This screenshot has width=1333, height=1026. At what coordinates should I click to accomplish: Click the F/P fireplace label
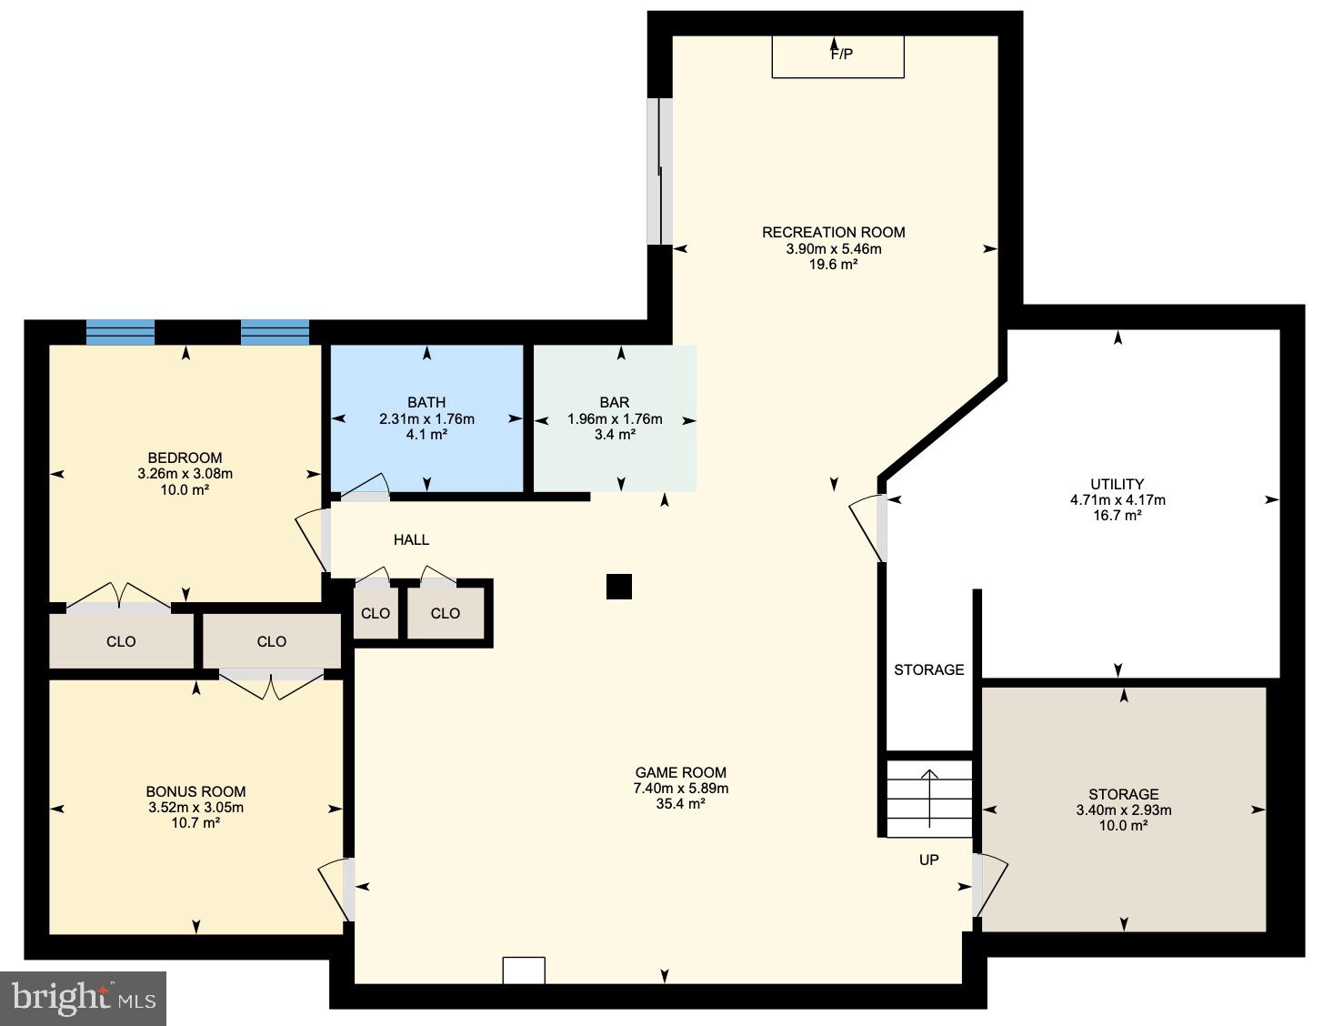click(841, 55)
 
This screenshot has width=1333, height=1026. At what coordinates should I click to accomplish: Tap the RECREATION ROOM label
click(833, 232)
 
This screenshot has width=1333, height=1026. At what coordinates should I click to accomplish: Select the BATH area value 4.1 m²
click(426, 435)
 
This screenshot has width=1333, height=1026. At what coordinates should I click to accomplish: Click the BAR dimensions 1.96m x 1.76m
click(615, 419)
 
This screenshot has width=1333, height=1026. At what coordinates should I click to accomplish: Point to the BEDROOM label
click(185, 458)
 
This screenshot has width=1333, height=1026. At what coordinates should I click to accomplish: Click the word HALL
click(411, 540)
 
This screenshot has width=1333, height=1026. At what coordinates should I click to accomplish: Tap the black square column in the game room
click(618, 587)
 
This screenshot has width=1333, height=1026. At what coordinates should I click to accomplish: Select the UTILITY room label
click(1117, 484)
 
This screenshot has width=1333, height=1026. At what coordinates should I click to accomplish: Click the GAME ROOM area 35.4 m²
click(680, 804)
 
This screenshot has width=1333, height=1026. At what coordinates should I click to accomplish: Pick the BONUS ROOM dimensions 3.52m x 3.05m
click(195, 808)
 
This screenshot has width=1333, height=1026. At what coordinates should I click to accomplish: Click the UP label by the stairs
click(928, 860)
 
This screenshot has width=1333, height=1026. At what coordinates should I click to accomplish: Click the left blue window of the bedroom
click(120, 332)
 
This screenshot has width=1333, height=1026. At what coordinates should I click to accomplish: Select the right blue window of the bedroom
click(275, 332)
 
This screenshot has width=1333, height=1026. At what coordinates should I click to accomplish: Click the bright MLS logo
click(84, 999)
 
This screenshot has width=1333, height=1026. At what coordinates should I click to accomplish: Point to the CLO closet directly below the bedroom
click(121, 641)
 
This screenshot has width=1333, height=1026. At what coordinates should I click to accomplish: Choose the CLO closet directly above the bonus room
click(271, 641)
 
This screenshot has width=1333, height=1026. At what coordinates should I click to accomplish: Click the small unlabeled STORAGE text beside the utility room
click(928, 669)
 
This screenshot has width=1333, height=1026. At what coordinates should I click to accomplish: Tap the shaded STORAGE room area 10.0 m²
click(1123, 826)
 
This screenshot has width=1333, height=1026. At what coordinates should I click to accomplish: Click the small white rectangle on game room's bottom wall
click(524, 971)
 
